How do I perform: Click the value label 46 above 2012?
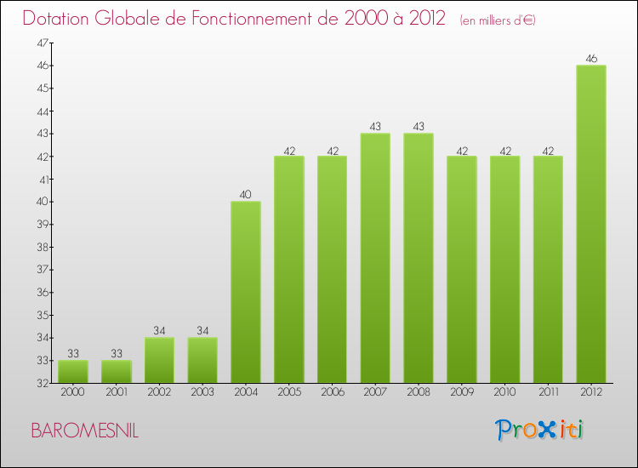[x=591, y=59]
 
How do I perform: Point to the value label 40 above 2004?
[x=246, y=195]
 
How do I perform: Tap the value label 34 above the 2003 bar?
[x=202, y=331]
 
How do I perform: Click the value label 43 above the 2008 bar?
[x=419, y=127]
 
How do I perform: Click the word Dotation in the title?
[x=65, y=19]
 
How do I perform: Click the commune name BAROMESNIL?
[x=84, y=431]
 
